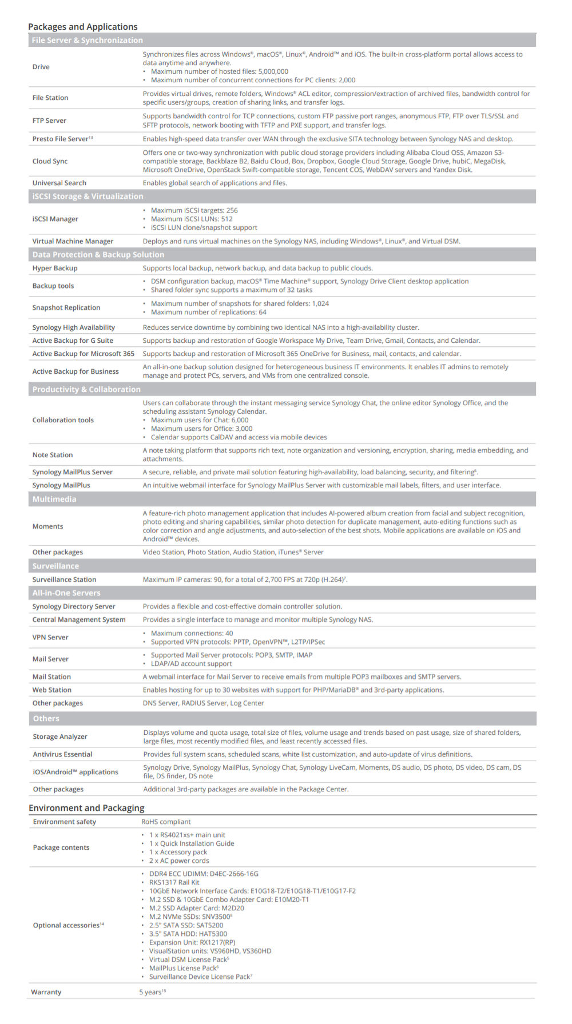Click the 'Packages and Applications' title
click(83, 27)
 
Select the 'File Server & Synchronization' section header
click(88, 40)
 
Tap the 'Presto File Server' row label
click(61, 139)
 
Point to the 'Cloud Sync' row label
click(50, 161)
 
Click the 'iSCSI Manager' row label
click(55, 219)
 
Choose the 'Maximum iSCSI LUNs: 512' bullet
click(192, 219)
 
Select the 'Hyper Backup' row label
click(55, 268)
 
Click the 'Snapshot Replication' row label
click(66, 307)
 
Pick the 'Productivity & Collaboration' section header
click(86, 389)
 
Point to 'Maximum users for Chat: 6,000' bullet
click(200, 420)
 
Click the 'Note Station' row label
click(53, 455)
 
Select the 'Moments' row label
click(47, 526)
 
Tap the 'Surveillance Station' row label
click(64, 579)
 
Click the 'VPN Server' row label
click(50, 637)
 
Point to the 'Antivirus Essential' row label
click(62, 754)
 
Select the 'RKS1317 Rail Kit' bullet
click(174, 882)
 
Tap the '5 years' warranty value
click(151, 992)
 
